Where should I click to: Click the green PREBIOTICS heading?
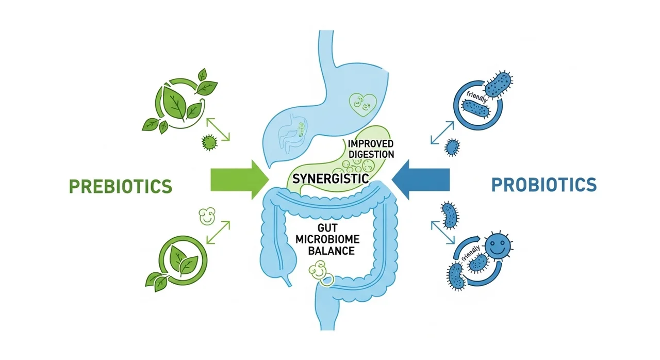coord(120,185)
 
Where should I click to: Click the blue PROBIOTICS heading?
coord(543,184)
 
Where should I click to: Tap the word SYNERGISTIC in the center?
coord(331,179)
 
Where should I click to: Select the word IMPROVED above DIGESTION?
coord(370,143)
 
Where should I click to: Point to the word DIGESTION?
coord(371,154)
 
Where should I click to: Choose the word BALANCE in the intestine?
coord(331,251)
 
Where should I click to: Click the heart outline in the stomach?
coord(362,104)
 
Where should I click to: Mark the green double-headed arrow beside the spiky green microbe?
coord(219,128)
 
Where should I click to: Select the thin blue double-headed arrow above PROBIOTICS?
coord(442,133)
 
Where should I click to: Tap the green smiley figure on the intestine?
coord(319,270)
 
